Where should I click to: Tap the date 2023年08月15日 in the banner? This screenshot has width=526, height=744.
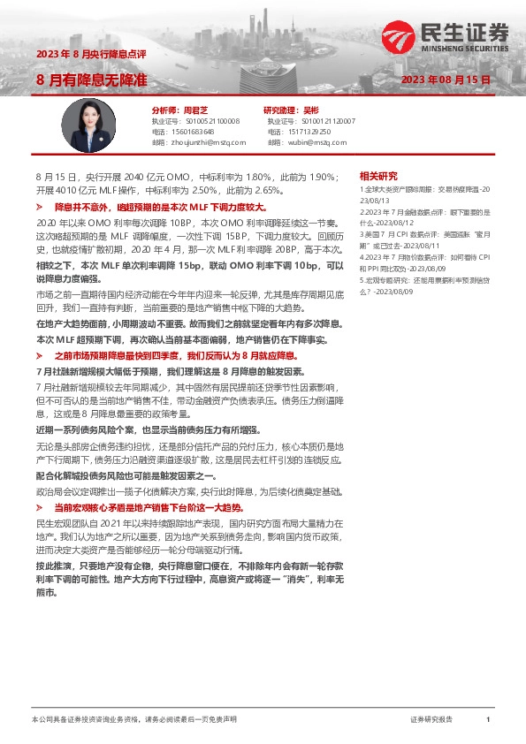tap(446, 80)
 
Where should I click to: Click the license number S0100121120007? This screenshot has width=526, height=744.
tap(329, 120)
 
